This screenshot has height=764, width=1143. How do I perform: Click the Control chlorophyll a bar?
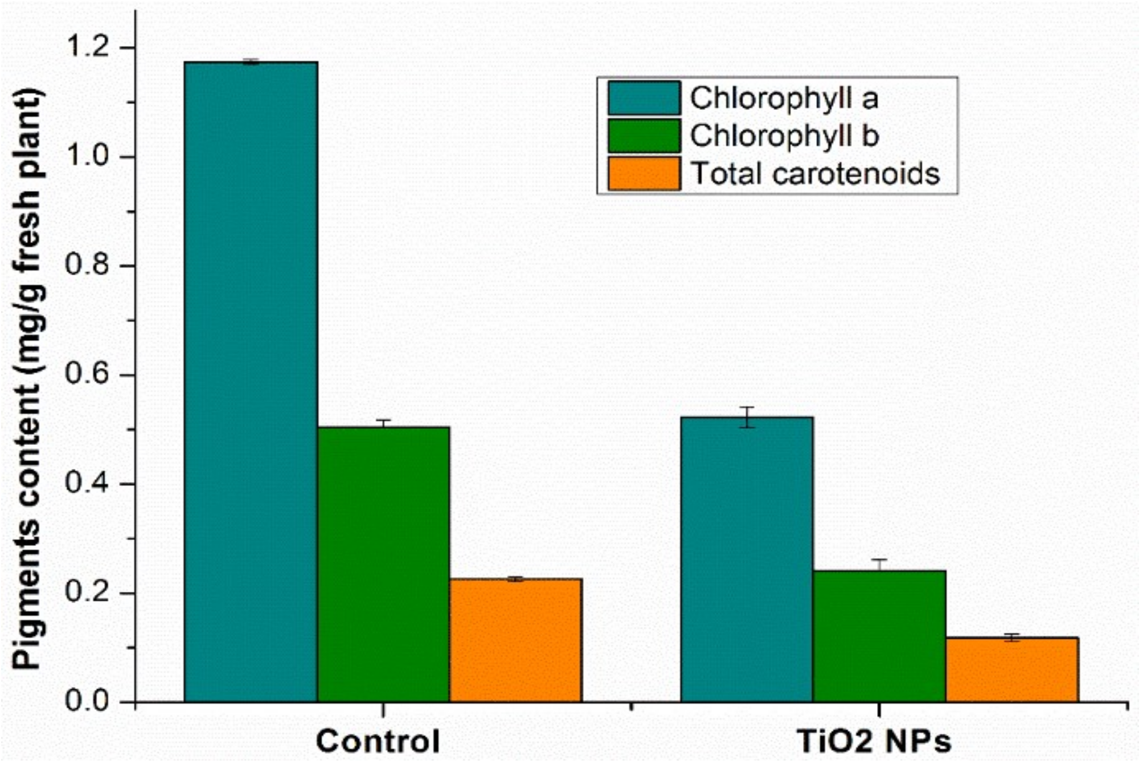(x=251, y=382)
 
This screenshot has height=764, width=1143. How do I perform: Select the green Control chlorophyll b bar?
(x=383, y=564)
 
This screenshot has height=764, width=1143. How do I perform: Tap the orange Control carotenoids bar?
(x=516, y=640)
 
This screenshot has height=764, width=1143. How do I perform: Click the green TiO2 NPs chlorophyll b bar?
(x=880, y=636)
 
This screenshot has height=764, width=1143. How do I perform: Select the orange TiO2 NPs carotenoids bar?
(x=1013, y=670)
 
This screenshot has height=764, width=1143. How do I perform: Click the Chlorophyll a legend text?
(x=784, y=98)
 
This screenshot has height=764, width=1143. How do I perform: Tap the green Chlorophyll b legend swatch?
(x=644, y=136)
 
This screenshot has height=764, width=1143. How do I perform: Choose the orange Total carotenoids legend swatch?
(x=644, y=173)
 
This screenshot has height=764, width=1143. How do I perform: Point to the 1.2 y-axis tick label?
(x=88, y=47)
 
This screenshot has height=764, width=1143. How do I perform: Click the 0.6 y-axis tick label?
(x=88, y=375)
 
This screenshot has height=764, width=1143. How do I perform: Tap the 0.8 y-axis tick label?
(x=88, y=265)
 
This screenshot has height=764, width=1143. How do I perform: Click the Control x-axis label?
(x=378, y=742)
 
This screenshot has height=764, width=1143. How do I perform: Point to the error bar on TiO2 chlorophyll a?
(x=747, y=417)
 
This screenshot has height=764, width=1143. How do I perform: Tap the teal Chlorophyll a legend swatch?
(x=644, y=98)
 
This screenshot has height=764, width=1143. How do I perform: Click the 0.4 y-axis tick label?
(x=88, y=484)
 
